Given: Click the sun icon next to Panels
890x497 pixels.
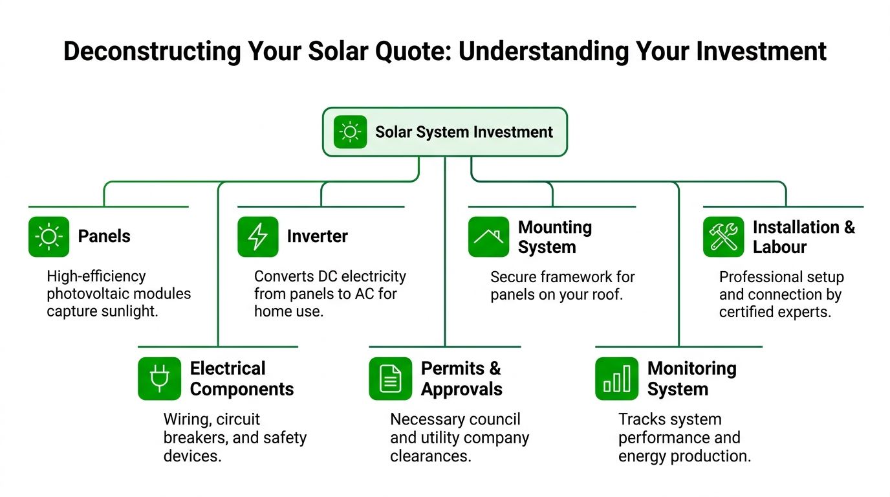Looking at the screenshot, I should click(49, 237).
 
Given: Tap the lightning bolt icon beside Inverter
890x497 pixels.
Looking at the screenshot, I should click(257, 237).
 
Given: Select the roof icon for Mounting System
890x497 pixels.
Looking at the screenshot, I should click(488, 237).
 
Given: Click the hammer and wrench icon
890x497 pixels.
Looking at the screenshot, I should click(723, 237).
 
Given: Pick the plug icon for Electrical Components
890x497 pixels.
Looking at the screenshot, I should click(158, 379).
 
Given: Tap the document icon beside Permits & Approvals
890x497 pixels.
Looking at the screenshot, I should click(390, 379).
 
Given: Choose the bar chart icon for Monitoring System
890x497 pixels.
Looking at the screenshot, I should click(616, 379).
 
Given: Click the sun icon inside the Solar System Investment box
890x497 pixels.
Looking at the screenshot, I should click(350, 132).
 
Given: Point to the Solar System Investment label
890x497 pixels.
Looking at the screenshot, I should click(464, 132).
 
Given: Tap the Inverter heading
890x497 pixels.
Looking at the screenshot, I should click(317, 236).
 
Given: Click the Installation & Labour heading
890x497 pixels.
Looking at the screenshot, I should click(803, 237).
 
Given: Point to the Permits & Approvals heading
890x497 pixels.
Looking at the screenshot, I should click(461, 379).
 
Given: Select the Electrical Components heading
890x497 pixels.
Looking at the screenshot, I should click(241, 379).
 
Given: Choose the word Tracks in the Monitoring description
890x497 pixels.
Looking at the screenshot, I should click(640, 419).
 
